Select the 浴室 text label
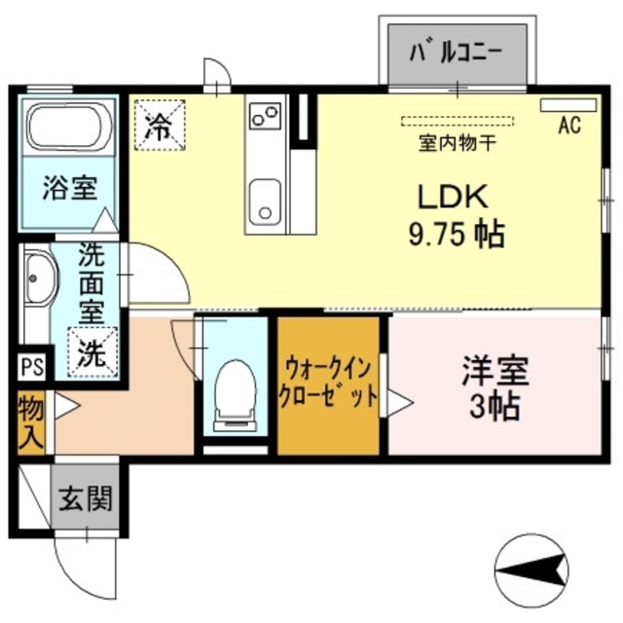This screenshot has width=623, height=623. (68, 188)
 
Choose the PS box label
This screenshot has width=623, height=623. (31, 368)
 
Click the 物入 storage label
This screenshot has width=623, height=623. (31, 421)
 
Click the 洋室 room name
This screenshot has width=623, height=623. (495, 371)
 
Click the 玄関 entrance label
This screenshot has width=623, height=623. (86, 500)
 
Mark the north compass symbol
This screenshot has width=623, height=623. (531, 567)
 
